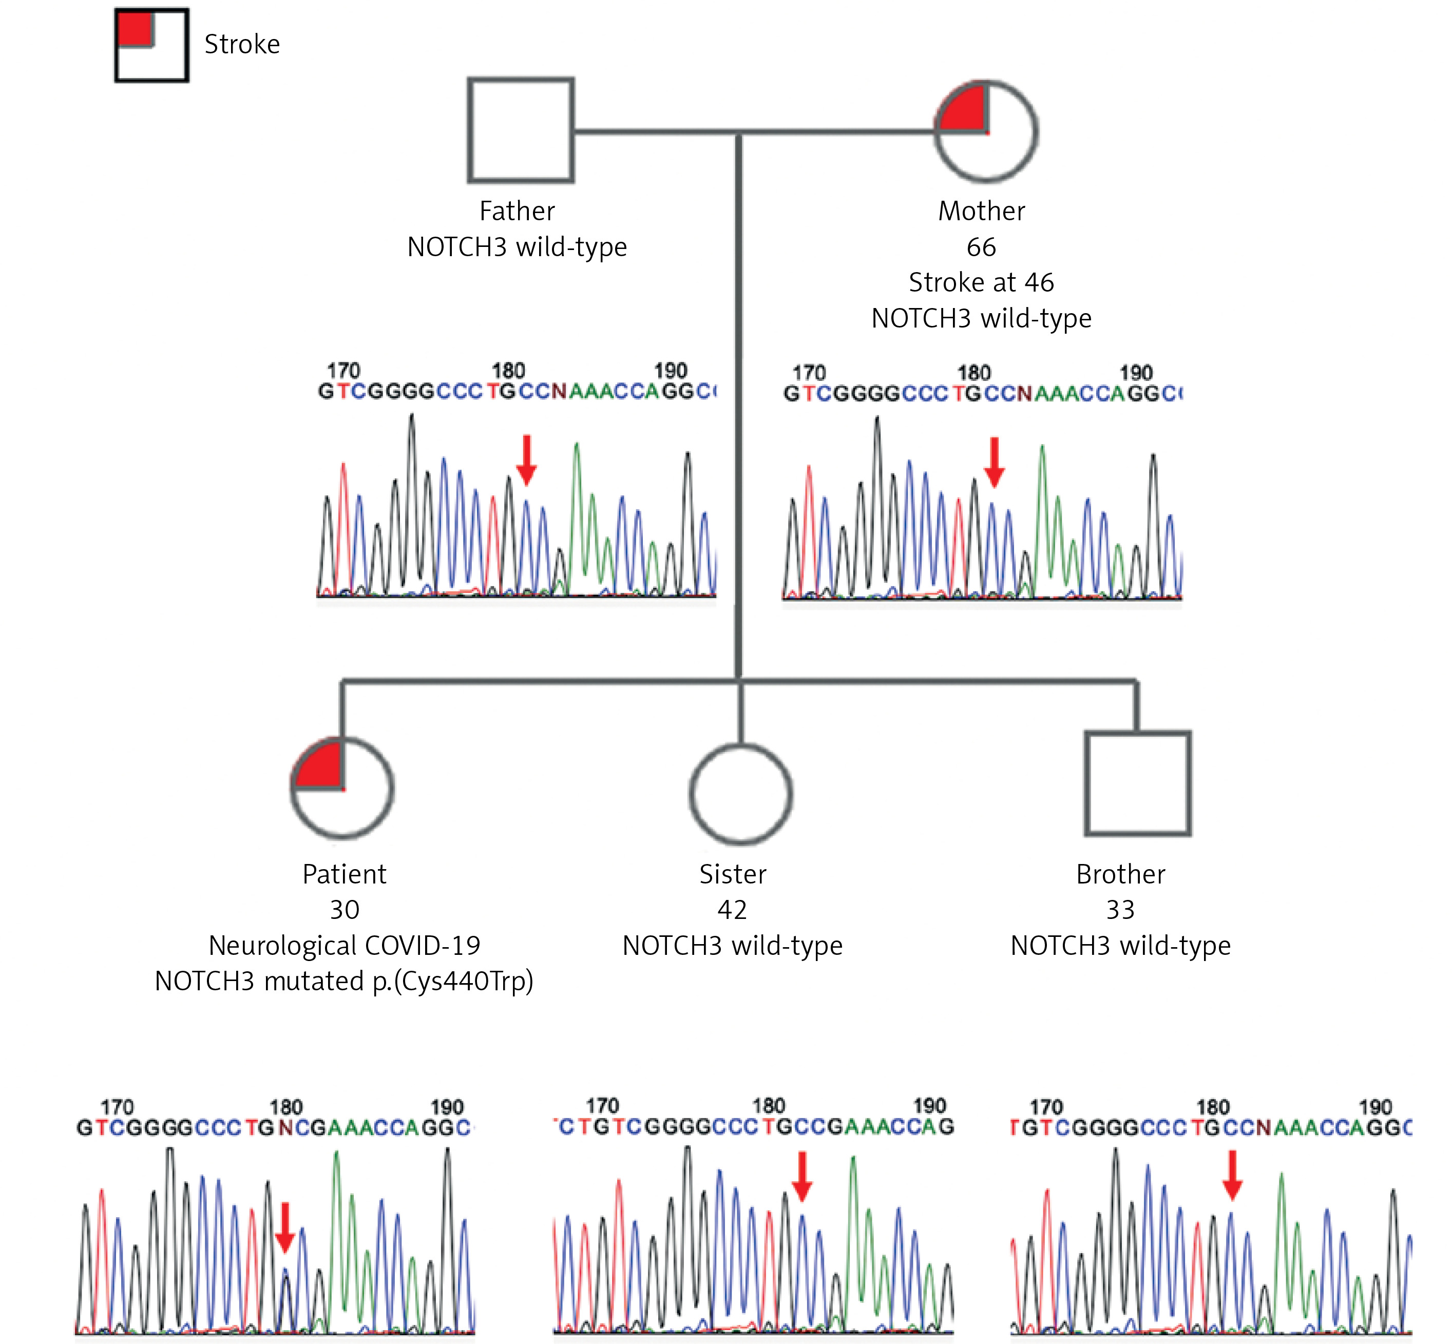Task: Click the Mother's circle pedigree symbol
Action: tap(1037, 131)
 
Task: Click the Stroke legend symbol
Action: tap(117, 45)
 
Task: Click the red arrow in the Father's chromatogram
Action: tap(527, 459)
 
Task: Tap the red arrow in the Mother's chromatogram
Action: tap(995, 462)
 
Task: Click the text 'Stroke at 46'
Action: tap(981, 282)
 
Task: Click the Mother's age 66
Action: tap(981, 247)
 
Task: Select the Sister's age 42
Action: tap(733, 910)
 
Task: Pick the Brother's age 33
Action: tap(1120, 910)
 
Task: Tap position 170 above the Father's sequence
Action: tap(343, 370)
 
